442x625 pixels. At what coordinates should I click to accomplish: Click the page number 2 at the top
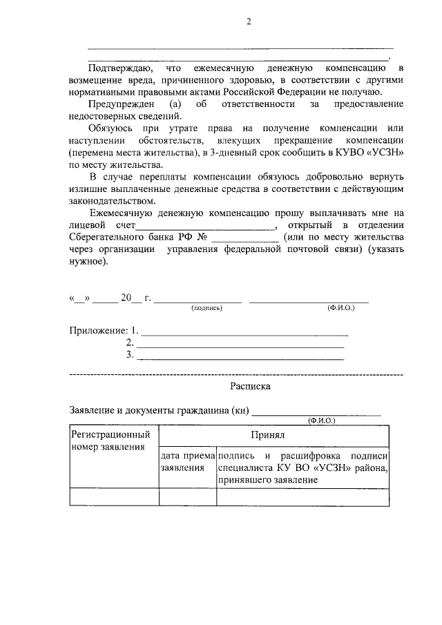pos(249,22)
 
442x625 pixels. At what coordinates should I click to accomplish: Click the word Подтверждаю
pos(117,69)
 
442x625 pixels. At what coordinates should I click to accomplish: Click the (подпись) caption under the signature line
pos(206,307)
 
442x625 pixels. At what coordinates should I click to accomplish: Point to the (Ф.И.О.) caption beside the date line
pos(340,307)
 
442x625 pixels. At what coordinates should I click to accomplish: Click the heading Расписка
pos(249,387)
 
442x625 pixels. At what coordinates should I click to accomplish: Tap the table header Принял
pos(274,436)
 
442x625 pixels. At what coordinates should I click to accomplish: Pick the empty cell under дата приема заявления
pos(187,497)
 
